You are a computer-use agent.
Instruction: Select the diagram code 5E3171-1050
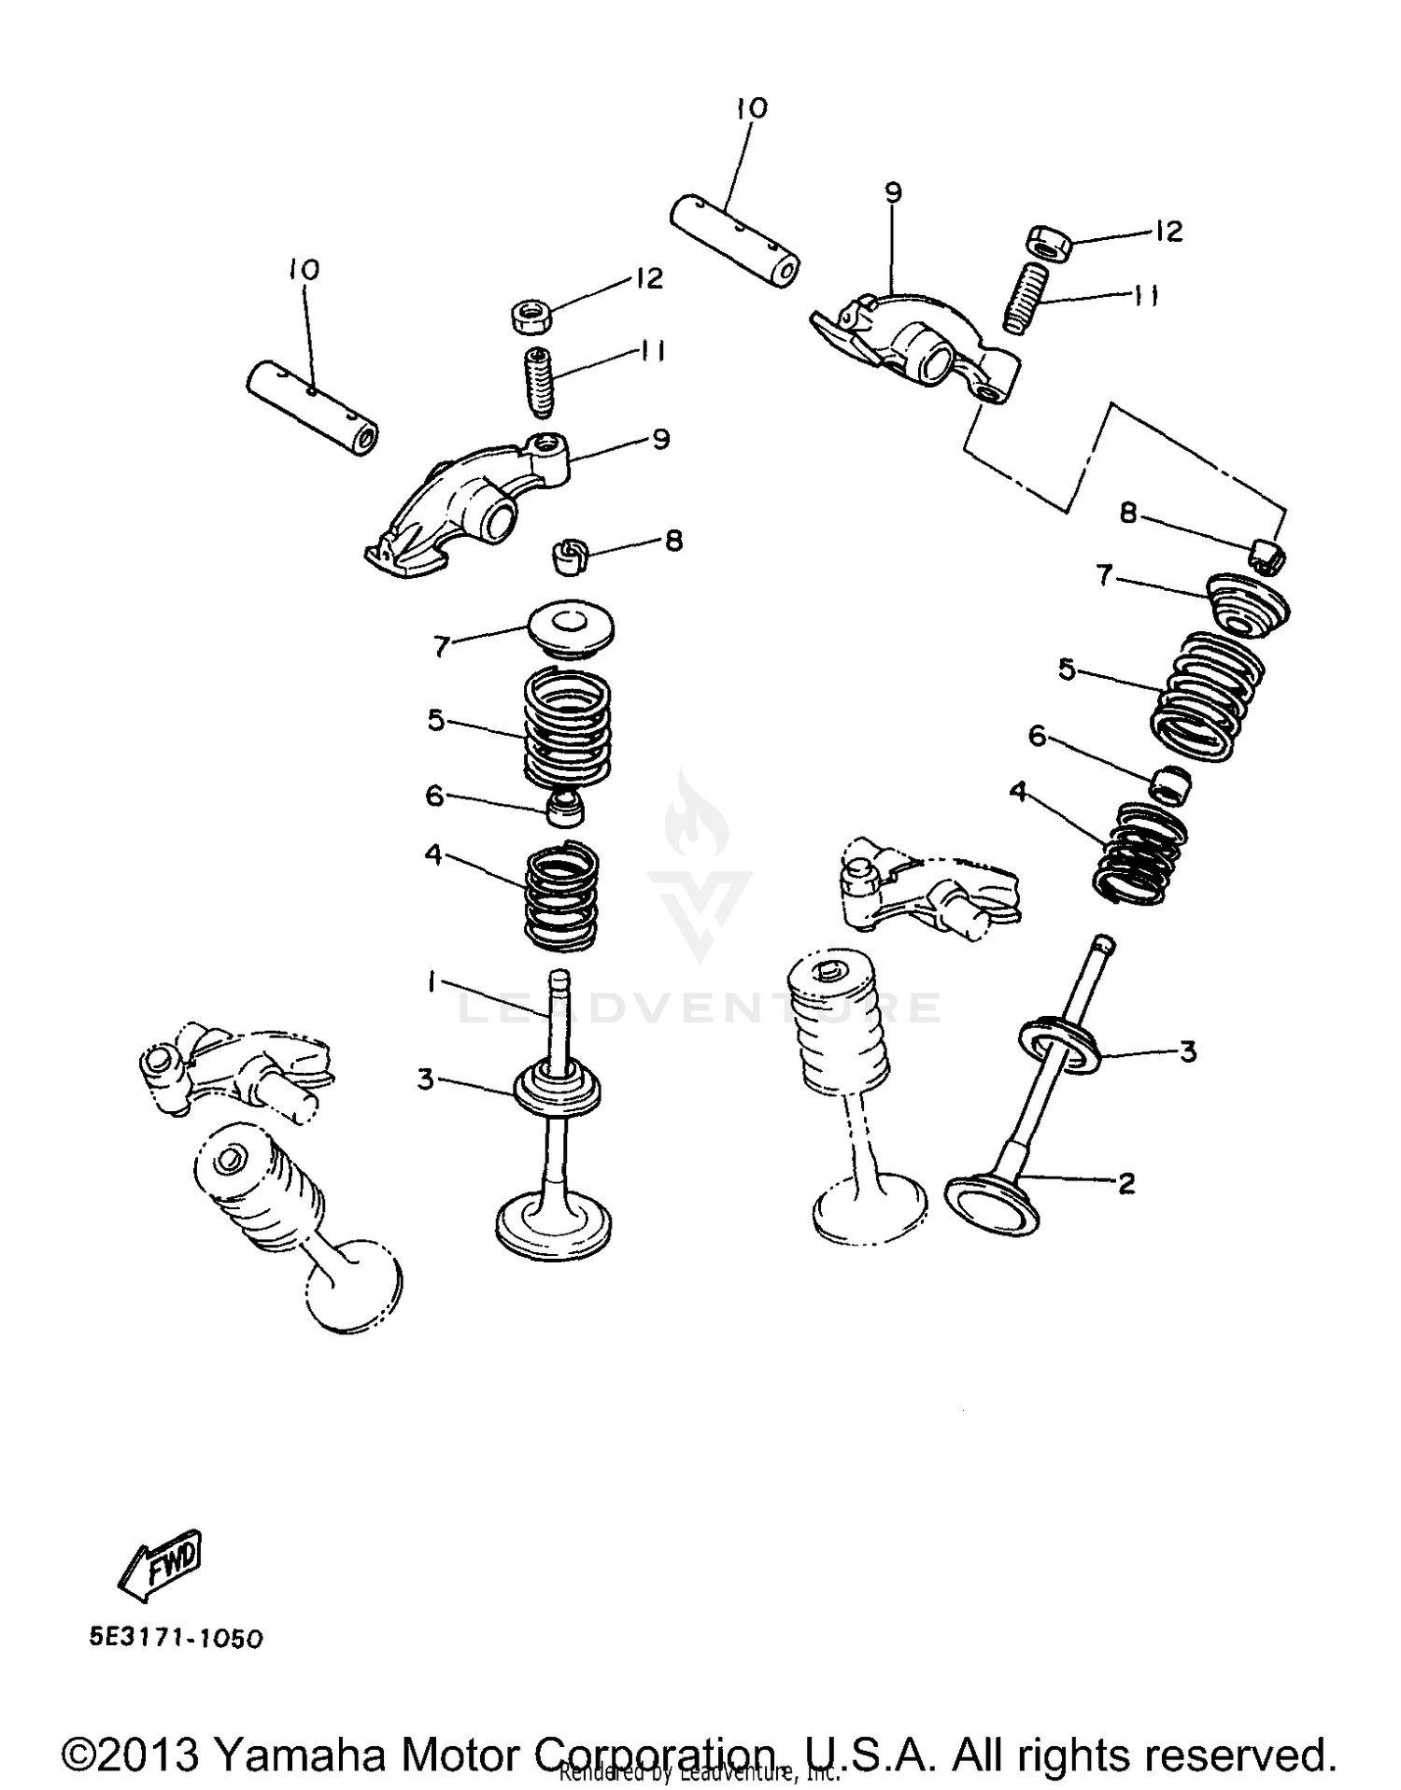pos(176,1638)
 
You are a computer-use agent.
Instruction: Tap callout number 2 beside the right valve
pos(1126,1183)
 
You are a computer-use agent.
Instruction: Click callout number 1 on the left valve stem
pos(432,982)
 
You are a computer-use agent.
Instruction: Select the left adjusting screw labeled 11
pos(538,384)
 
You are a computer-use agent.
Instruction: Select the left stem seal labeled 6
pos(564,807)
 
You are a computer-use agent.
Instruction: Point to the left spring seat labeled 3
pos(558,1091)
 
